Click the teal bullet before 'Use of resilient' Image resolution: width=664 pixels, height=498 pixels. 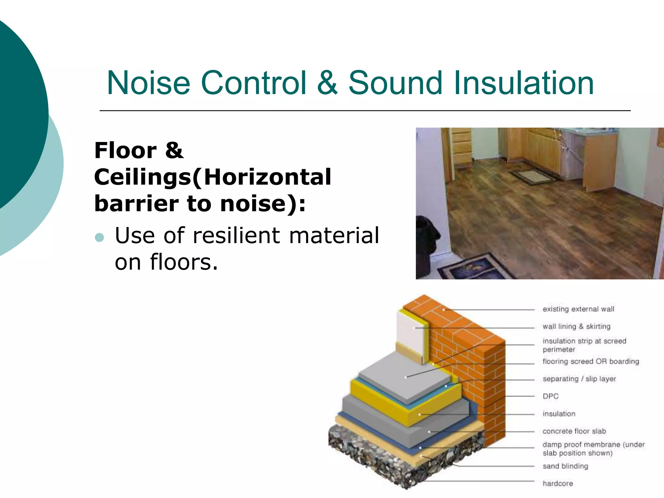[100, 238]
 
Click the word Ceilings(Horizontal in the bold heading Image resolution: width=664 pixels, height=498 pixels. [212, 177]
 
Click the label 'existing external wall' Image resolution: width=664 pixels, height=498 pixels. [578, 309]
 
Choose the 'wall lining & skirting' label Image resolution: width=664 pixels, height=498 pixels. [576, 326]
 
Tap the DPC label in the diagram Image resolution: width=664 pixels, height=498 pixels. [551, 396]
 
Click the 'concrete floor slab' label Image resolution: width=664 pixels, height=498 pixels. [574, 431]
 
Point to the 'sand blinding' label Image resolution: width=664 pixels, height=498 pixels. [565, 466]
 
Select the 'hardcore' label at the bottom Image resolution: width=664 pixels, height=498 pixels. [558, 483]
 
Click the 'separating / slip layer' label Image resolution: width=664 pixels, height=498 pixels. [579, 379]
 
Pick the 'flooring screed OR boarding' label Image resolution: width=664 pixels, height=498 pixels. [590, 362]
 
